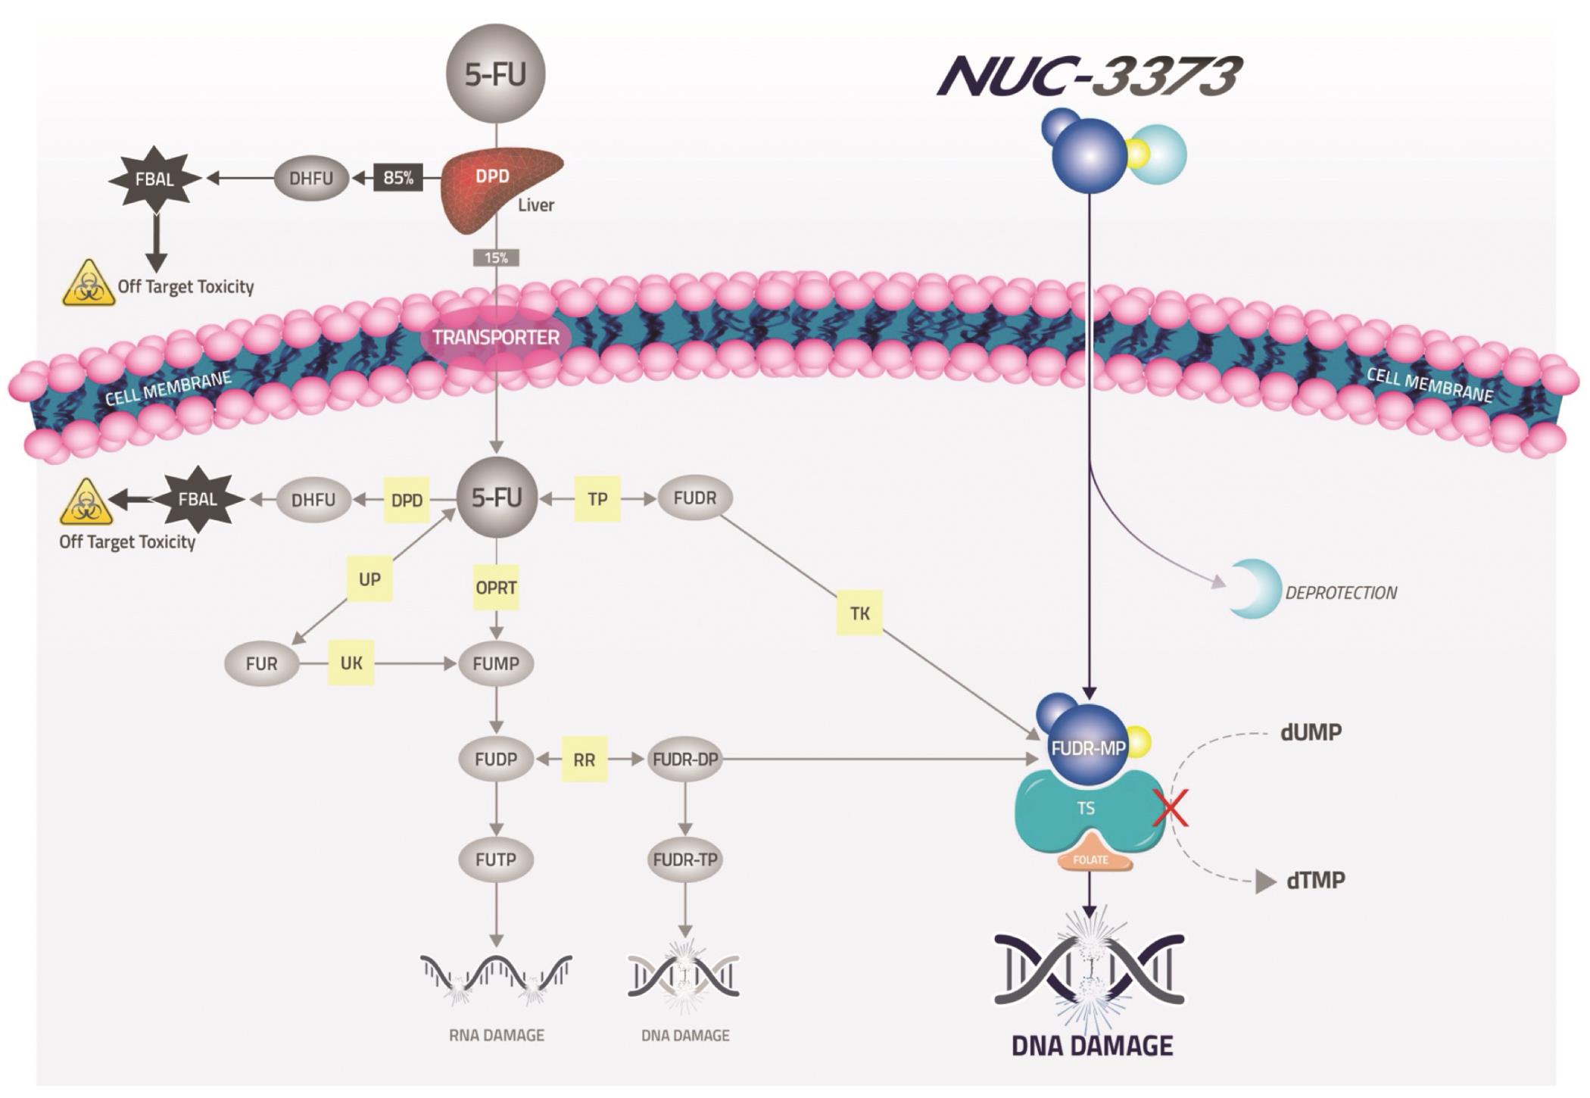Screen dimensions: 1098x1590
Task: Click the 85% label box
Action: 398,178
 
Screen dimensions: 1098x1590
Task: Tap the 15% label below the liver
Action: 496,258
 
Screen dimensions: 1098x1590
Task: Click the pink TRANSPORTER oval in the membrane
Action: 496,338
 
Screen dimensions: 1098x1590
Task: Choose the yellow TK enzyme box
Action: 859,613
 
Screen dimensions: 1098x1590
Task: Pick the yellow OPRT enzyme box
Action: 496,588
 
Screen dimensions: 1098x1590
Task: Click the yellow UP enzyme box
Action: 369,579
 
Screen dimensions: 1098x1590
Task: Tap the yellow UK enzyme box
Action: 351,663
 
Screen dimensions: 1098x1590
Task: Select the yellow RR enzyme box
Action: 584,760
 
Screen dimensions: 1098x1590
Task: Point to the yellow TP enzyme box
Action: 597,499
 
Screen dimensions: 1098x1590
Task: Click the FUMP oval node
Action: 496,663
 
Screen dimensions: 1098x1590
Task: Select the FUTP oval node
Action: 496,859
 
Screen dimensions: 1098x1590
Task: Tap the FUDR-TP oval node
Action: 685,859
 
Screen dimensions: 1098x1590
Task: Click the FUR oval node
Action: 261,664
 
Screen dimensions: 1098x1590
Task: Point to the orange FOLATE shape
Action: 1090,856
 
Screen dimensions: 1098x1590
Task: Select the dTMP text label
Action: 1316,881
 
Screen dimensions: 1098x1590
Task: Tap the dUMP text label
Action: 1311,733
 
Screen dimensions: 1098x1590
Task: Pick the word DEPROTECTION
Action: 1341,593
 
